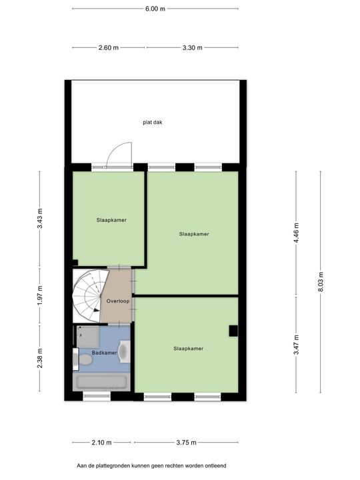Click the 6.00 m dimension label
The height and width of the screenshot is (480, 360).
[155, 9]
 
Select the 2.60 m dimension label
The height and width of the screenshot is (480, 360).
[109, 48]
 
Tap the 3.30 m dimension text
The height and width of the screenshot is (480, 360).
[192, 48]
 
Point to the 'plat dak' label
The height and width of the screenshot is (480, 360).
[153, 123]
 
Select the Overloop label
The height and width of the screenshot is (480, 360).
[118, 301]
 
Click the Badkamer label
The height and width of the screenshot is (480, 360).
[105, 353]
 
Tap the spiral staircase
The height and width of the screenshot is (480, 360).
[89, 295]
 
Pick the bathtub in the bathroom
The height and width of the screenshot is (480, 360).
[101, 382]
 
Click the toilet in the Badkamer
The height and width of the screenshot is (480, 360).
[83, 359]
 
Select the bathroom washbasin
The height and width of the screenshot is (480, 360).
[124, 351]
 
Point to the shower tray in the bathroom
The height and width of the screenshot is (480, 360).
[88, 337]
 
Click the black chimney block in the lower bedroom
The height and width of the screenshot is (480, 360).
[233, 331]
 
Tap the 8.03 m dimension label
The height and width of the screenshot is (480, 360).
[321, 281]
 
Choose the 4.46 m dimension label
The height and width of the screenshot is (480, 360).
[296, 233]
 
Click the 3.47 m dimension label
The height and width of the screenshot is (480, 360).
[296, 345]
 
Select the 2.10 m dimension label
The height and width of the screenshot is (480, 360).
[101, 443]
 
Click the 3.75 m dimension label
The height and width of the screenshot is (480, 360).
[186, 443]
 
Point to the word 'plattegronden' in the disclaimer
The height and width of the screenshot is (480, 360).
[113, 466]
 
